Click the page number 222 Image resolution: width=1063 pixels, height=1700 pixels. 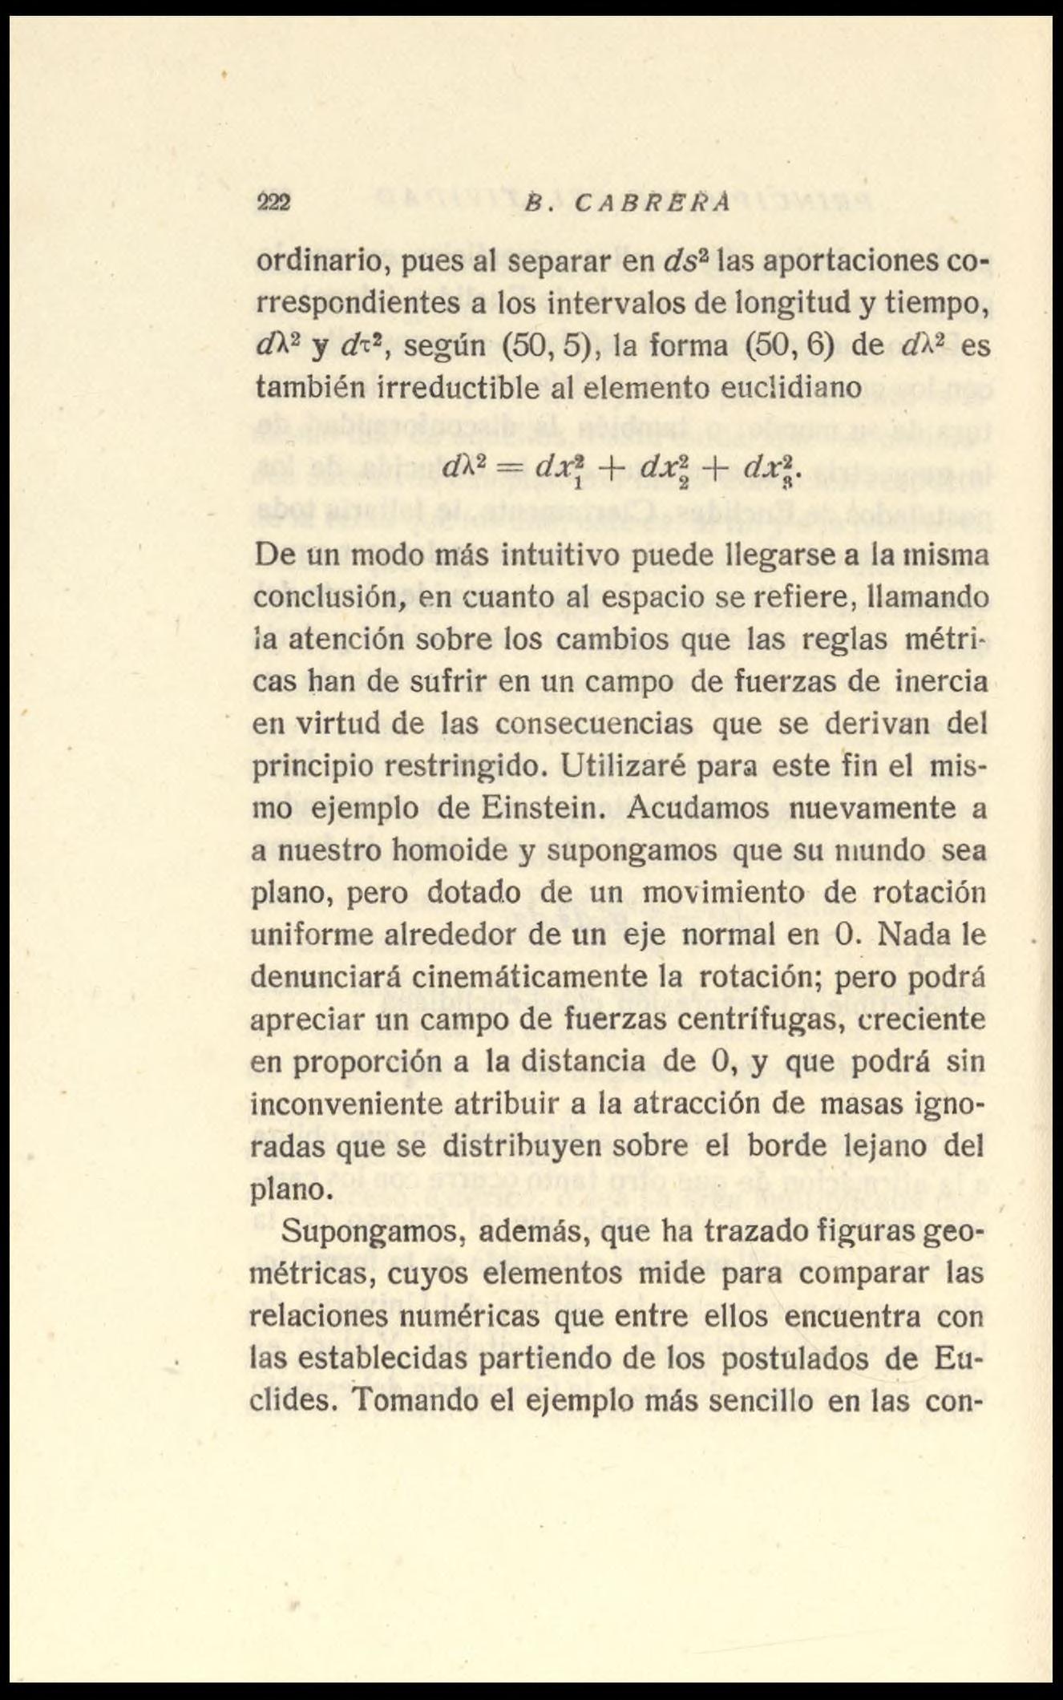pos(273,202)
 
